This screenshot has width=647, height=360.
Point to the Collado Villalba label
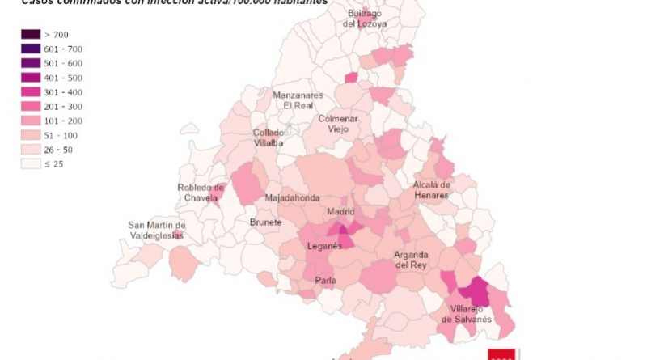(269, 138)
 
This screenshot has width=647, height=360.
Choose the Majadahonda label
(292, 198)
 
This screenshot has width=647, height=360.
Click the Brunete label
(265, 222)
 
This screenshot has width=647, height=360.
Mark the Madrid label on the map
(340, 212)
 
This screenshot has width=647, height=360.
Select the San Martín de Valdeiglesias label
(157, 230)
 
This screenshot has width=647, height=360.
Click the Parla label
(325, 282)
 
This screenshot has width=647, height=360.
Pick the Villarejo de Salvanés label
(467, 314)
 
